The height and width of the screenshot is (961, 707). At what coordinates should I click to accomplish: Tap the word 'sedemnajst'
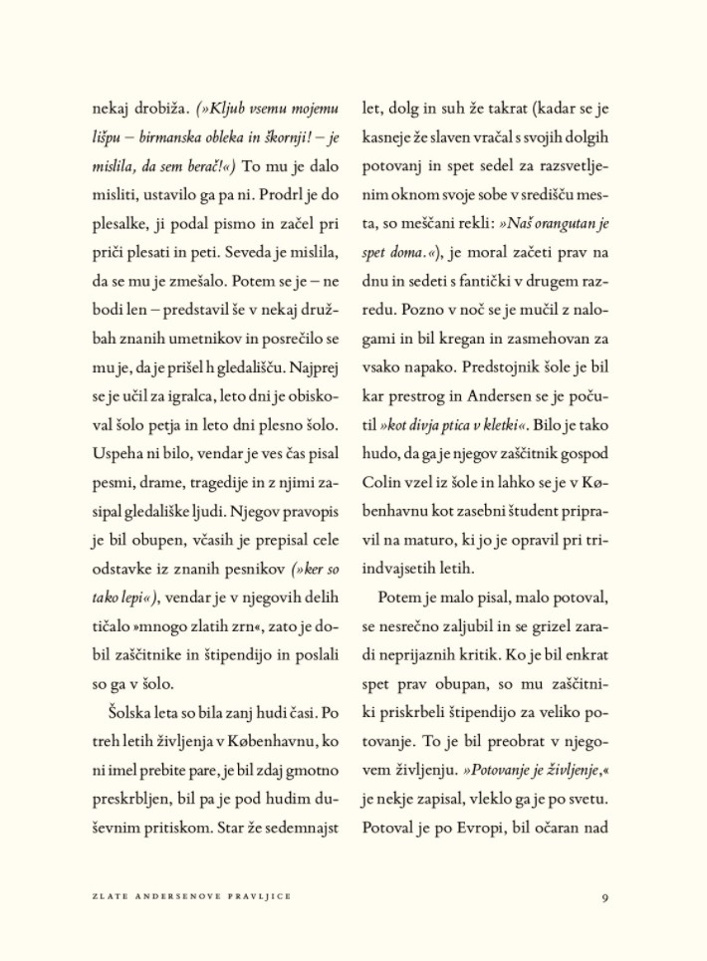tap(299, 827)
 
